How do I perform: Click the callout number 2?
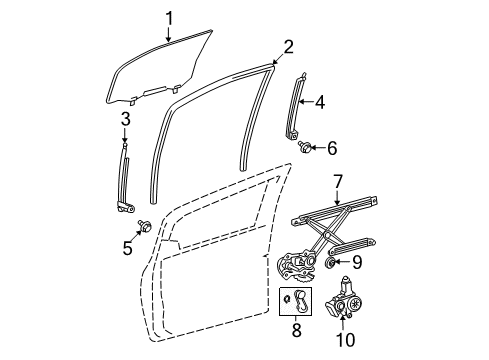pos(288,45)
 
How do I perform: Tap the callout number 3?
pos(126,121)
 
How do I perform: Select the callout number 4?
pos(319,101)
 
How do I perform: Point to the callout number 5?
pos(128,247)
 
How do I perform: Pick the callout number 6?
pos(332,148)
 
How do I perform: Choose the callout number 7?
pos(338,180)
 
